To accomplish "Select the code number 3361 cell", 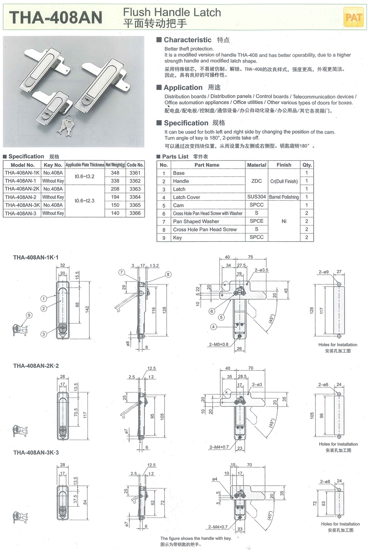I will [x=135, y=173].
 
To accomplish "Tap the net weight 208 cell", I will [x=115, y=189].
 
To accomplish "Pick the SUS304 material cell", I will [x=256, y=197].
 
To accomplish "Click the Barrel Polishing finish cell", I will [x=284, y=197].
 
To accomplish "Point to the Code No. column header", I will [x=135, y=164].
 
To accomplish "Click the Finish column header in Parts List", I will [x=284, y=165].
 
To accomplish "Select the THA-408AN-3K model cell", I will [x=21, y=205].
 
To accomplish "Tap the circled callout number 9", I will [x=29, y=315].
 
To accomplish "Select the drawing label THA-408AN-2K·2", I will [x=36, y=366].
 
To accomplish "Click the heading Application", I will [x=183, y=88].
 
